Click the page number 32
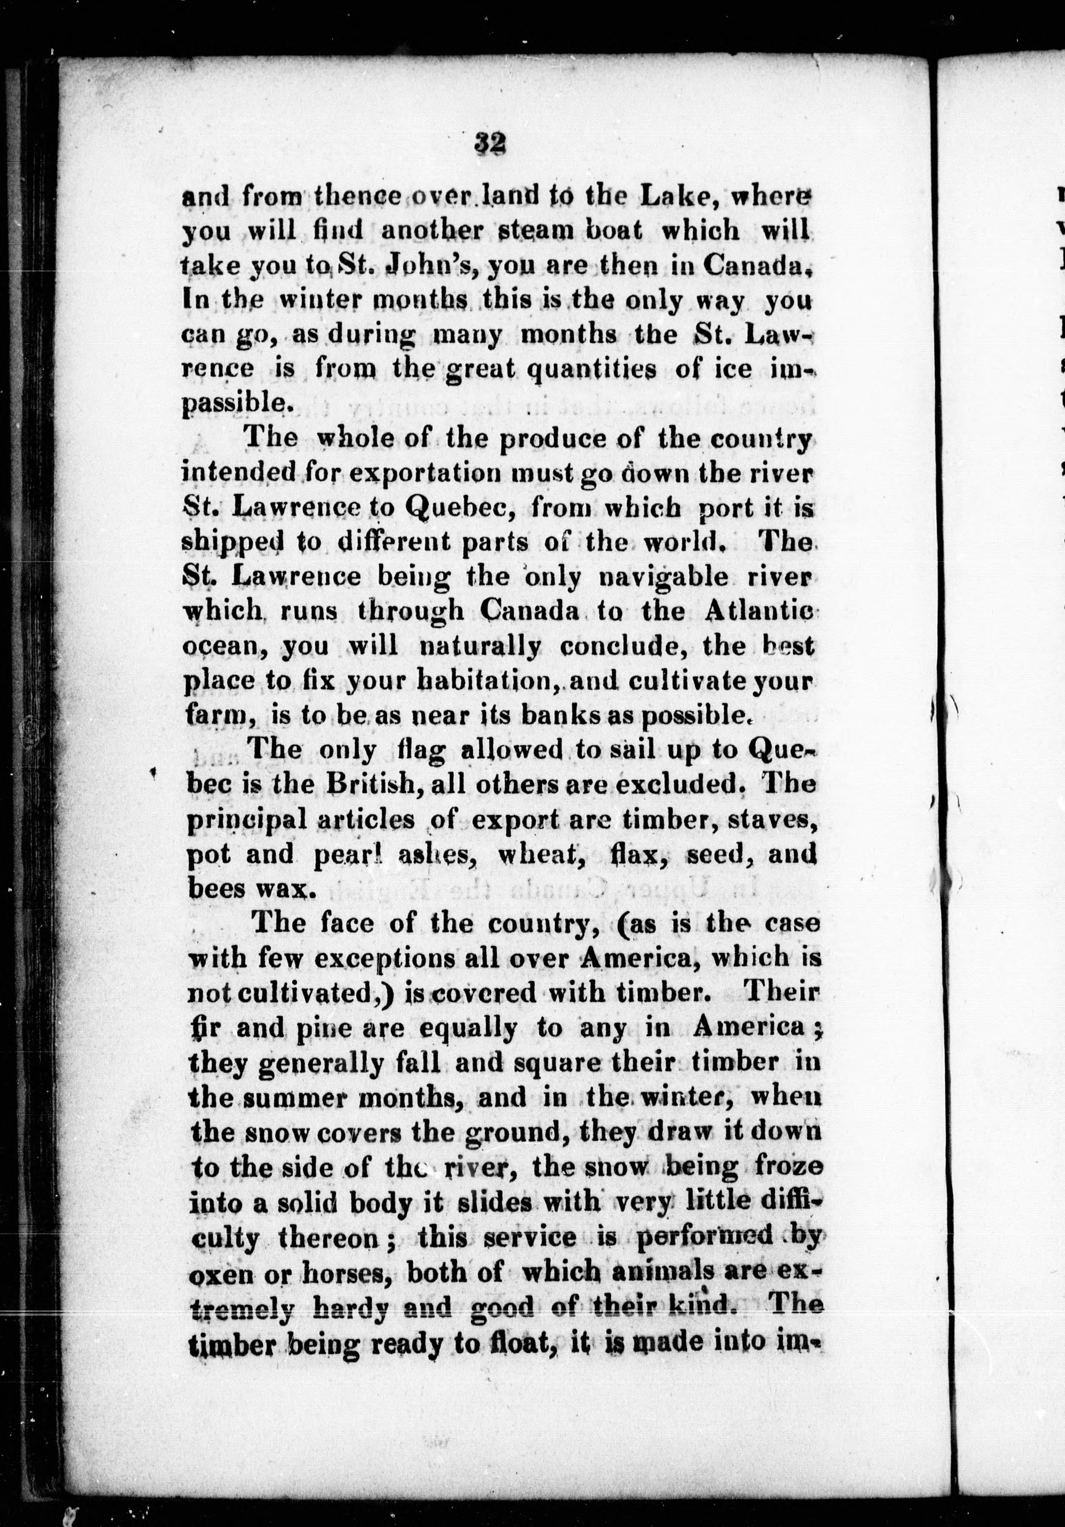[491, 143]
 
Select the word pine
[296, 1028]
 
